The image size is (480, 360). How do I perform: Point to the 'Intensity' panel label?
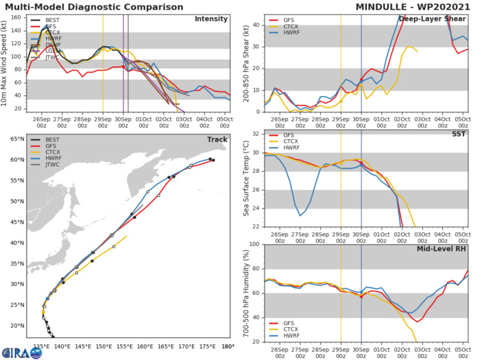pos(212,19)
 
